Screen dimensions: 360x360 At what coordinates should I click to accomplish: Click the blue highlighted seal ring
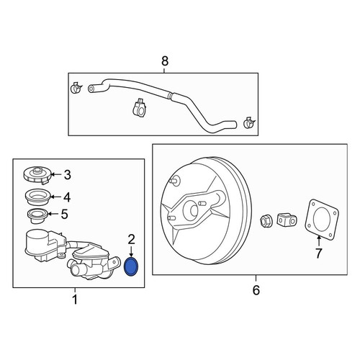click(131, 266)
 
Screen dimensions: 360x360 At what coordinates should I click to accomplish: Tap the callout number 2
click(131, 239)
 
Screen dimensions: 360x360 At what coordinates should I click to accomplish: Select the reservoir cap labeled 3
click(37, 176)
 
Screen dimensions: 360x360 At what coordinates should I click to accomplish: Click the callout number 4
click(67, 197)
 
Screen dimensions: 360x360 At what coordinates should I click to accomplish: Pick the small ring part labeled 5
click(37, 216)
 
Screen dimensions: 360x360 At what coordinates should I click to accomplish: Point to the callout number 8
click(165, 61)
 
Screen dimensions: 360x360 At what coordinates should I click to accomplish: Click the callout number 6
click(256, 290)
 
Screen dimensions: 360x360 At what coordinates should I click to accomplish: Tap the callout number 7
click(318, 253)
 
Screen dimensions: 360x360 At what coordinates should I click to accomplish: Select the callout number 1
click(75, 300)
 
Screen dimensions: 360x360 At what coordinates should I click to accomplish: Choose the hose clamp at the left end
click(76, 88)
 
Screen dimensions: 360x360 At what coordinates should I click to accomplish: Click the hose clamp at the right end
click(249, 122)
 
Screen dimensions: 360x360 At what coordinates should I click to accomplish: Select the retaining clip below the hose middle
click(140, 108)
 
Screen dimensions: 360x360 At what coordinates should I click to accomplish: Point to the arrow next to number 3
click(56, 174)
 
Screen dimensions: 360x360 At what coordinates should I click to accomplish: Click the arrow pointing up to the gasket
click(319, 241)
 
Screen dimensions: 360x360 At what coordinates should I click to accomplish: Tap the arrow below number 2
click(131, 251)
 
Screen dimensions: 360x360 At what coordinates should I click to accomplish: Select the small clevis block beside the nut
click(287, 220)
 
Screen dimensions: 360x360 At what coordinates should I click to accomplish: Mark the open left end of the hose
click(91, 89)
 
